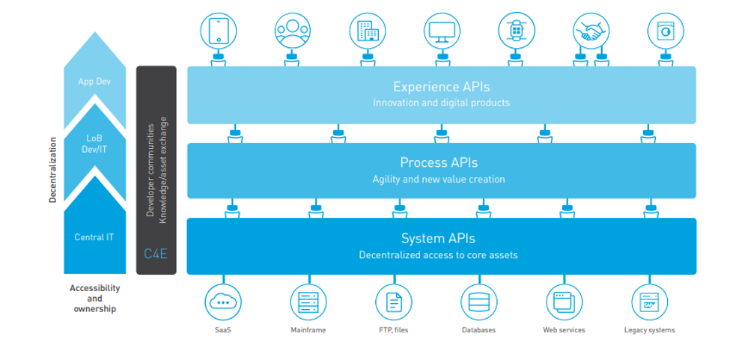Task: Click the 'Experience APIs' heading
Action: click(x=441, y=87)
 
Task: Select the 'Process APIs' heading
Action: click(x=439, y=162)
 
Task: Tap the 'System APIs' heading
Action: click(x=438, y=239)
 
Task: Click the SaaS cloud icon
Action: click(x=223, y=302)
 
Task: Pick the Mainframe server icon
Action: click(x=308, y=302)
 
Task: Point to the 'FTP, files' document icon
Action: click(x=393, y=302)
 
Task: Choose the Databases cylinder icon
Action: click(x=478, y=302)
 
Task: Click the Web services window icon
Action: click(x=564, y=302)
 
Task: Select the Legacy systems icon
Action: click(x=649, y=302)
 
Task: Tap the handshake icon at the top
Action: click(x=591, y=31)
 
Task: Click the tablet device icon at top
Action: click(x=219, y=31)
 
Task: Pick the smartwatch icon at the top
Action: click(x=516, y=31)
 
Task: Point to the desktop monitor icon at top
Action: click(x=442, y=31)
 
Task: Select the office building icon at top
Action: click(x=368, y=31)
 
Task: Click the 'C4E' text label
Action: click(x=156, y=254)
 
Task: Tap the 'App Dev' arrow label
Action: click(x=94, y=81)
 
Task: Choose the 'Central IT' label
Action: click(x=94, y=237)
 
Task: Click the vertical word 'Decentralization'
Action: click(x=52, y=169)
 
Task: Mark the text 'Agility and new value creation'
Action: click(x=439, y=180)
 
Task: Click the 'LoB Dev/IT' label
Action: click(x=94, y=144)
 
